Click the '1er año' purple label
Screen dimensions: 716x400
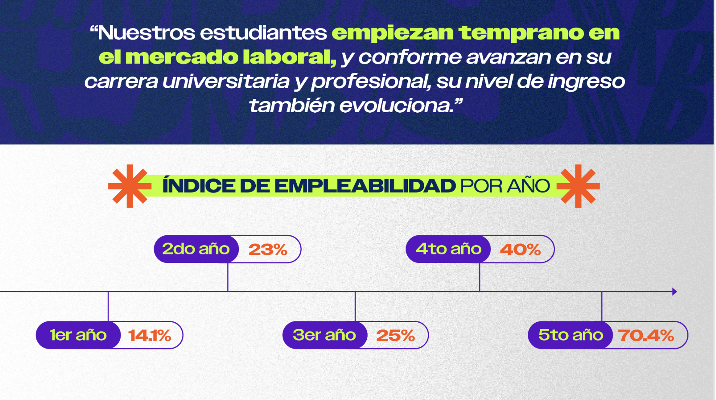coord(78,335)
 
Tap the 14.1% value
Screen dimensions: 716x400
coord(149,336)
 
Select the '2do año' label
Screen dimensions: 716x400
coord(196,249)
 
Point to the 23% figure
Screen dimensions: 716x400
coord(268,250)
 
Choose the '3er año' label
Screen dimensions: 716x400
coord(325,335)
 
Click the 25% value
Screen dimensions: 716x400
coord(396,336)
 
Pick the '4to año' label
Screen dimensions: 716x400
coord(448,249)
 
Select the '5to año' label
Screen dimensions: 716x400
coord(571,335)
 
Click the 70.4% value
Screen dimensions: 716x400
coord(646,336)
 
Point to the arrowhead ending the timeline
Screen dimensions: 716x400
coord(675,292)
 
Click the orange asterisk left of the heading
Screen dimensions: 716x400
coord(130,186)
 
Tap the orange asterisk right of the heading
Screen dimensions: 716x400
coord(578,186)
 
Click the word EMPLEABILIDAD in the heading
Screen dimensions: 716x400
coord(365,186)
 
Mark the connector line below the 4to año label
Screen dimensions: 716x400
coord(479,277)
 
